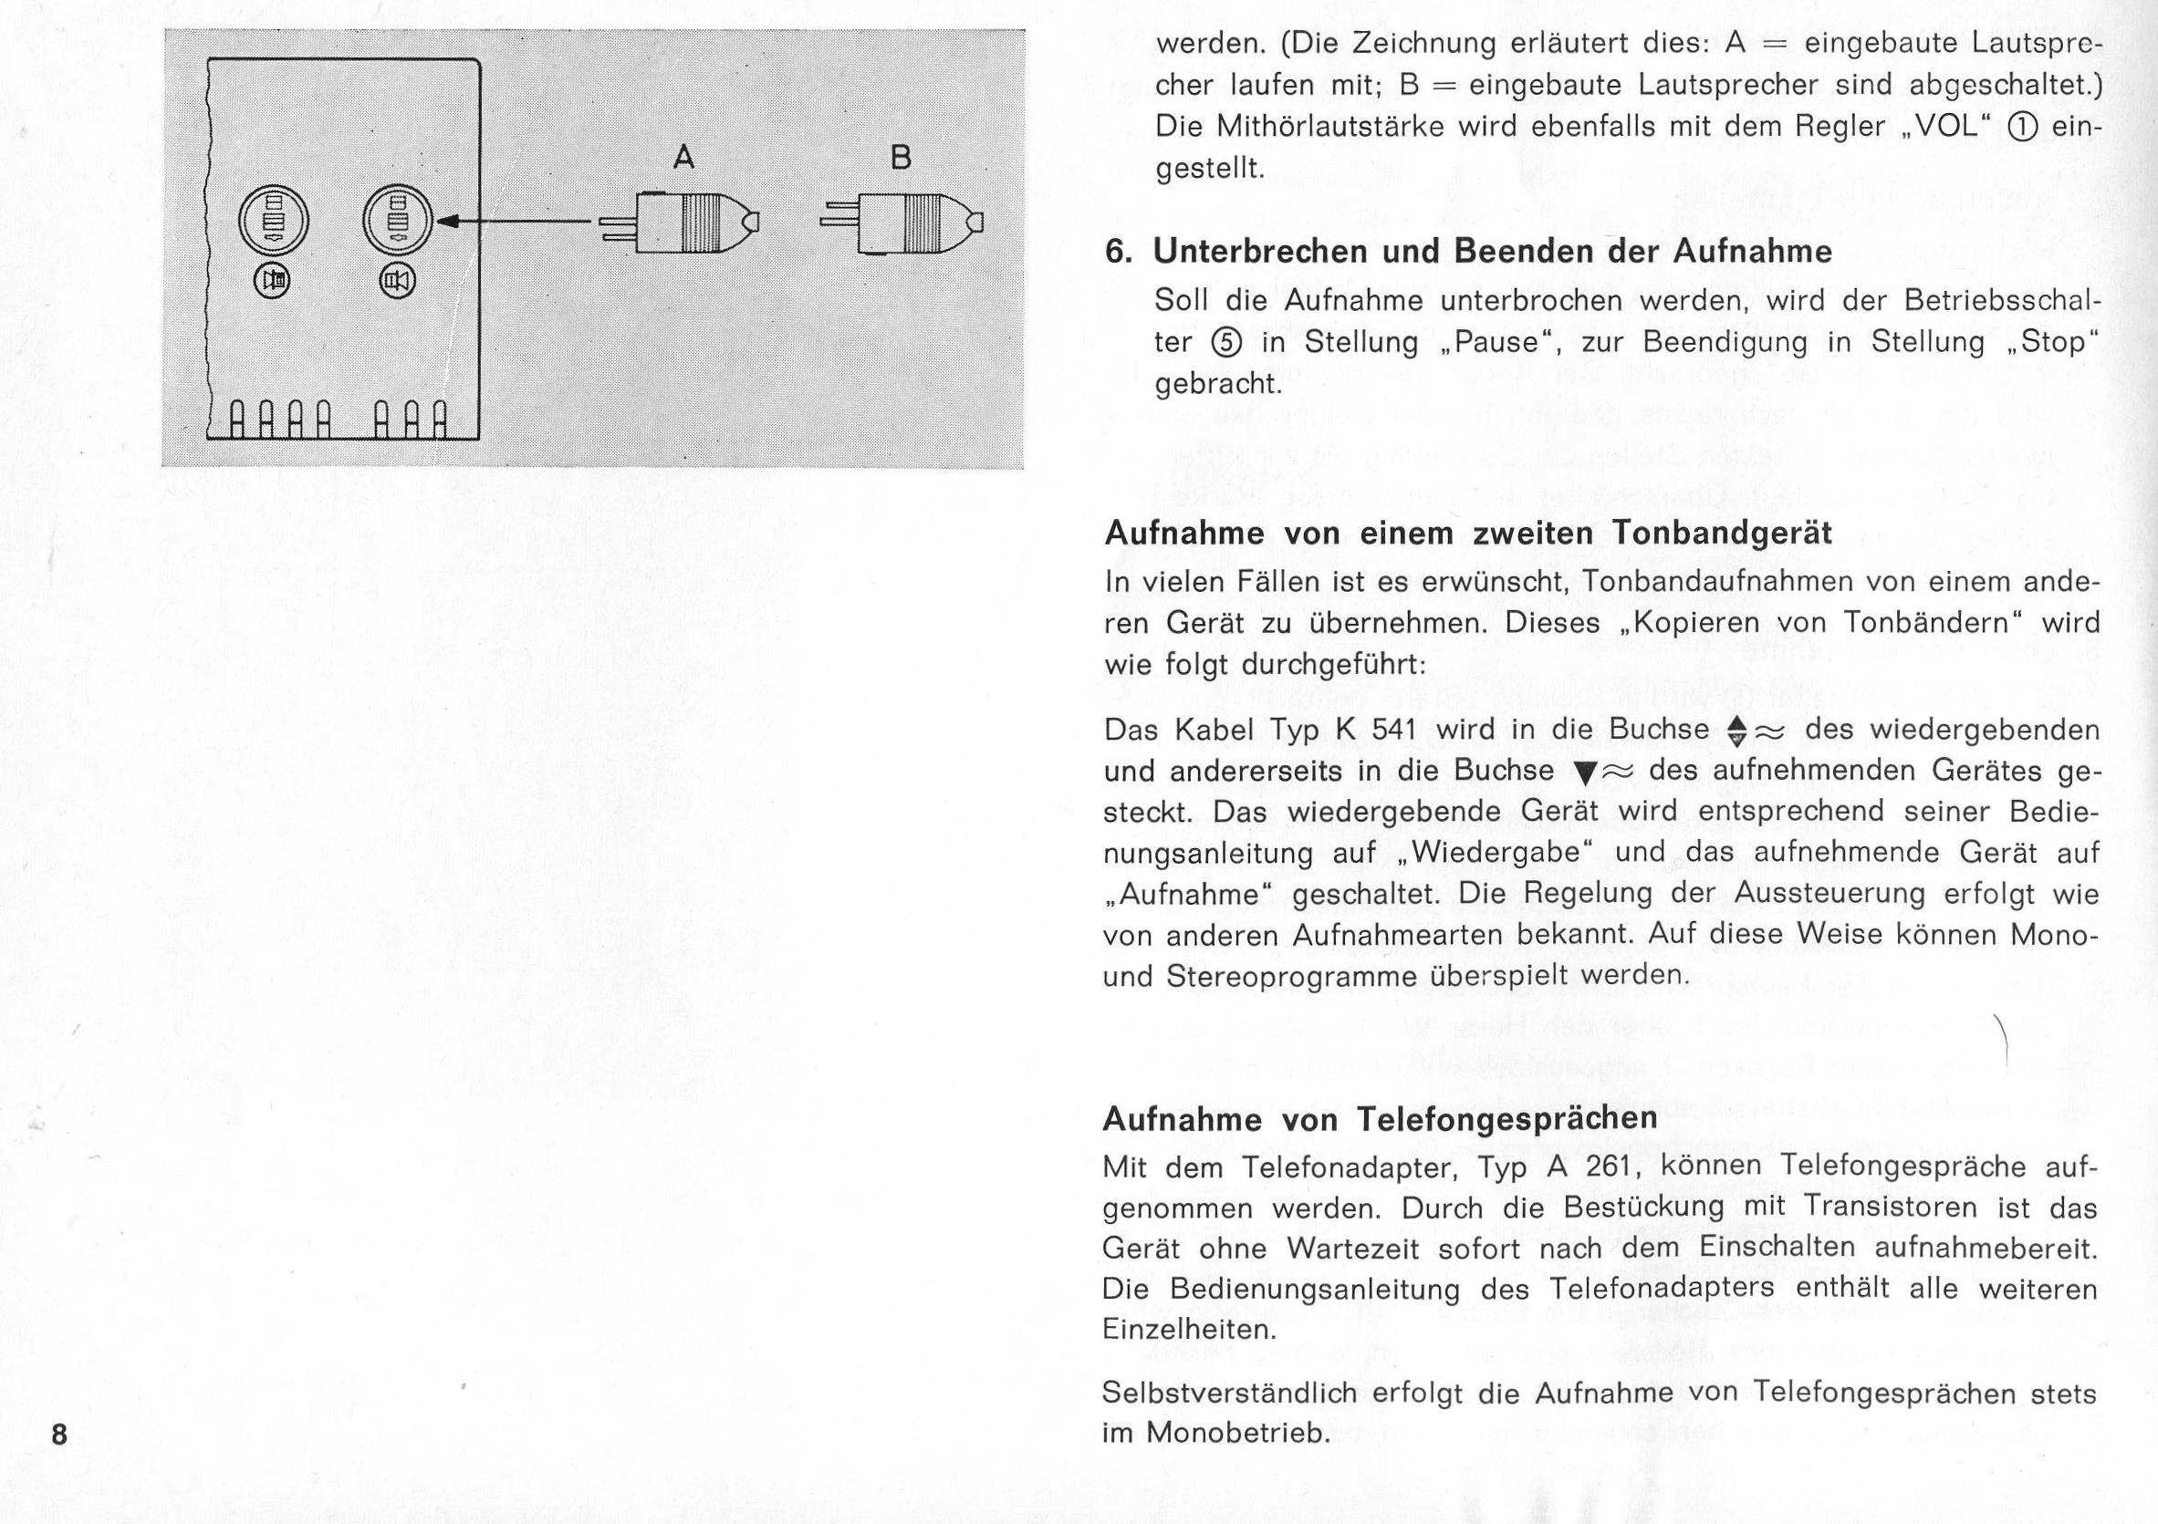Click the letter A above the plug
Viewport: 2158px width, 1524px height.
pos(684,157)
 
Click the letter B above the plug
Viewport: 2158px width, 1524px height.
pos(901,157)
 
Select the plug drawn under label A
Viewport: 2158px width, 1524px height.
pos(678,223)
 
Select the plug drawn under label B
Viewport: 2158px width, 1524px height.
pos(902,223)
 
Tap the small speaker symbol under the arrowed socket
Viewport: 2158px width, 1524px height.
pos(398,280)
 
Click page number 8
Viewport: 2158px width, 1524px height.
pos(59,1435)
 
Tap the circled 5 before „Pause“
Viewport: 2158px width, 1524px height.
pos(1227,342)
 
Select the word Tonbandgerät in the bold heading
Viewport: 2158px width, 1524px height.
pos(1722,534)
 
